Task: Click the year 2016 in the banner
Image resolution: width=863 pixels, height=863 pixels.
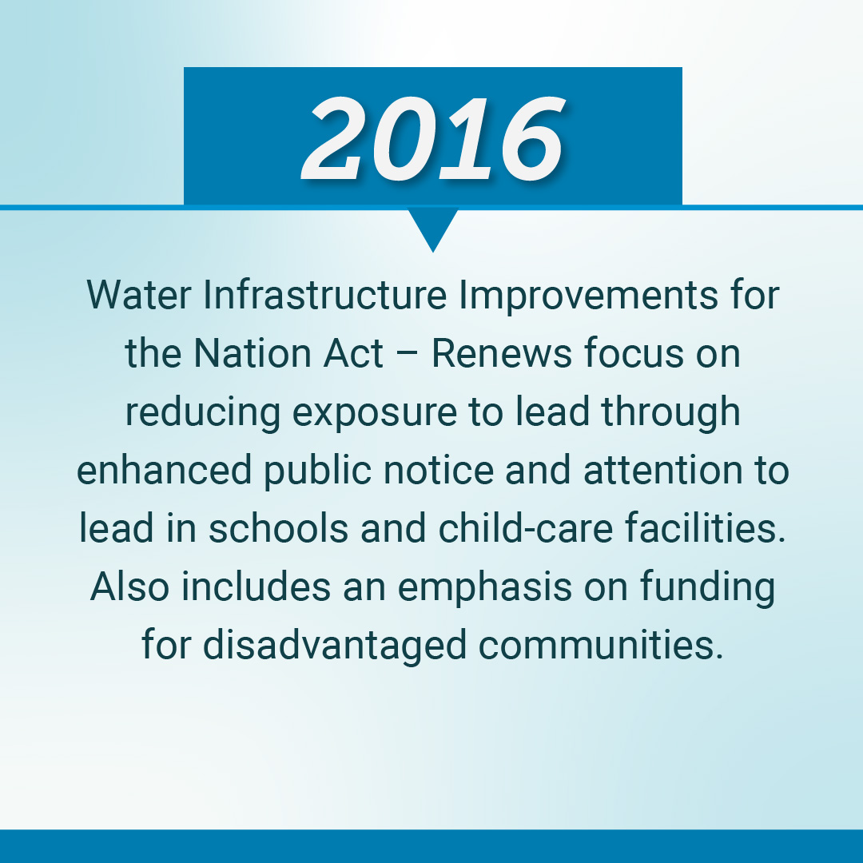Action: coord(432,137)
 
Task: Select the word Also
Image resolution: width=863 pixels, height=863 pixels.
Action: coord(129,587)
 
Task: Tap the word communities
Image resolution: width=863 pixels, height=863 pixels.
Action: coord(599,646)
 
